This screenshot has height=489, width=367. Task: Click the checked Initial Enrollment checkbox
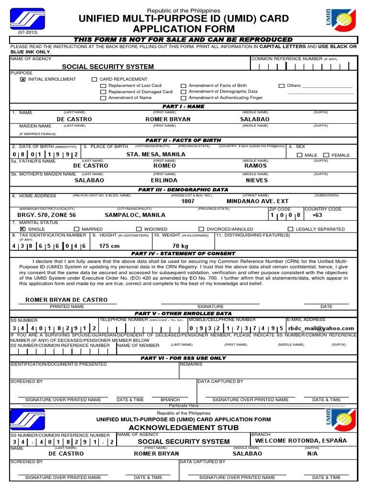point(22,79)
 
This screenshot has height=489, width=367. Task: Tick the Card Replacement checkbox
point(94,79)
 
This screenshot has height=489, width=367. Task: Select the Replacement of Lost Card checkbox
point(103,86)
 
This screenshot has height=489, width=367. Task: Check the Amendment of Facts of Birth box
point(183,86)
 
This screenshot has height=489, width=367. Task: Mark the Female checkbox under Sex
point(326,155)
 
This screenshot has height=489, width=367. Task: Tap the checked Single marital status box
point(22,229)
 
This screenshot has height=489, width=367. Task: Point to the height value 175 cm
point(109,246)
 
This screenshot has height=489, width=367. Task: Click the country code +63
point(317,215)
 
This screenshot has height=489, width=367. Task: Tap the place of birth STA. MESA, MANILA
point(156,155)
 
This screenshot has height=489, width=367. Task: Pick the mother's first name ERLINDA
point(164,181)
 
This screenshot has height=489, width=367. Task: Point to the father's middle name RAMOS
point(256,166)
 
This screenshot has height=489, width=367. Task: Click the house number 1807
point(188,202)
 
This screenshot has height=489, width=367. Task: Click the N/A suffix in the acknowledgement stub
point(313,454)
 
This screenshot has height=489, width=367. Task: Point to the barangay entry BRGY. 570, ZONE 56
point(46,215)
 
